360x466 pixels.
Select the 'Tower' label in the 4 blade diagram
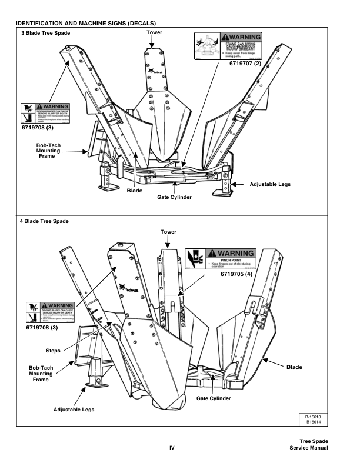point(168,232)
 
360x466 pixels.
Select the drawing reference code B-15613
point(323,417)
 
